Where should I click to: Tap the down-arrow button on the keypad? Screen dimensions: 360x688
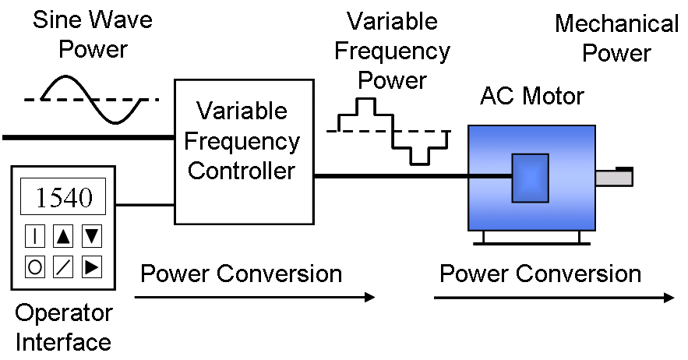point(91,235)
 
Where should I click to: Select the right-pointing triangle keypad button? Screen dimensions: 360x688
point(91,266)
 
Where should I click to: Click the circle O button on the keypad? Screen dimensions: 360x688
point(35,266)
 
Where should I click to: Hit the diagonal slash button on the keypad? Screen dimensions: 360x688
point(63,266)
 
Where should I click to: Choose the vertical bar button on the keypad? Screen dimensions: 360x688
point(35,235)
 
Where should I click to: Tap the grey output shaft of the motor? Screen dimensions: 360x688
point(614,178)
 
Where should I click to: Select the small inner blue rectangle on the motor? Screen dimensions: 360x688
point(530,178)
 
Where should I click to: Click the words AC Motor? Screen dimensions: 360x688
point(532,97)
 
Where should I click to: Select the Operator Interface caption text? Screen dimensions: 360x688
point(64,327)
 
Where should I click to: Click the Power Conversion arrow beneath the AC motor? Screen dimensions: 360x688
point(553,298)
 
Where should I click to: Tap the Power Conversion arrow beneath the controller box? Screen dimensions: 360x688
point(254,297)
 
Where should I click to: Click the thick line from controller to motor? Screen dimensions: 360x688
point(390,177)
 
